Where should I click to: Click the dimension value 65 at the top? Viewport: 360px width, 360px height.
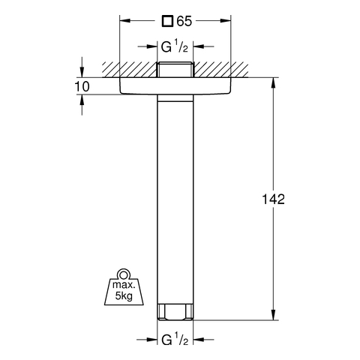[x=184, y=21]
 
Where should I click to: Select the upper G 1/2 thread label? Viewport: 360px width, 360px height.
[x=174, y=46]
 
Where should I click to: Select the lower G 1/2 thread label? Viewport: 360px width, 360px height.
[x=175, y=339]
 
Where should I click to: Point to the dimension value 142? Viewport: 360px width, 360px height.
[x=273, y=199]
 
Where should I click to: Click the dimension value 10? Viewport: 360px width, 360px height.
[x=82, y=87]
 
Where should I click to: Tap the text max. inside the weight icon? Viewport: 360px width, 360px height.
[x=124, y=284]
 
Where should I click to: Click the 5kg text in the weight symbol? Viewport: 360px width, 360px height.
[x=124, y=296]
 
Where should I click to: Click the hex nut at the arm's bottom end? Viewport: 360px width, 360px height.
[x=175, y=312]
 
